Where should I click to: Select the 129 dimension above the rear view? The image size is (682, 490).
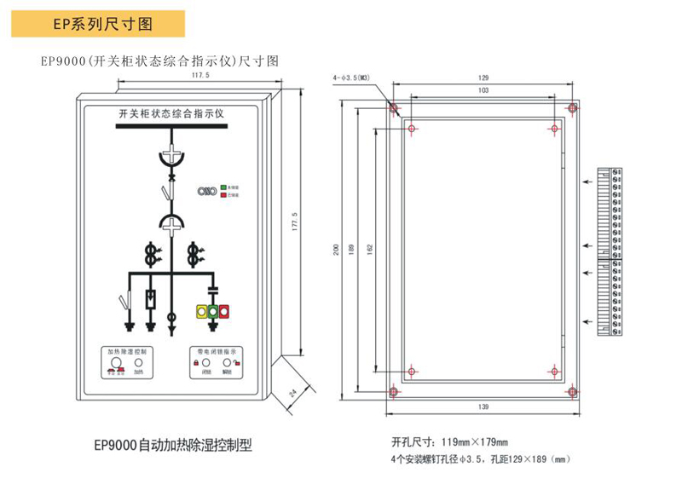(x=483, y=78)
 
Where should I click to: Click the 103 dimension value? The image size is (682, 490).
(x=483, y=89)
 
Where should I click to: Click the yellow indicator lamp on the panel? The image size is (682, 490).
(x=201, y=312)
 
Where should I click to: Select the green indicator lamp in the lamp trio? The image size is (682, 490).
(x=212, y=312)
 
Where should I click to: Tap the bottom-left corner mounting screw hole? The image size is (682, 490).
(x=393, y=392)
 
